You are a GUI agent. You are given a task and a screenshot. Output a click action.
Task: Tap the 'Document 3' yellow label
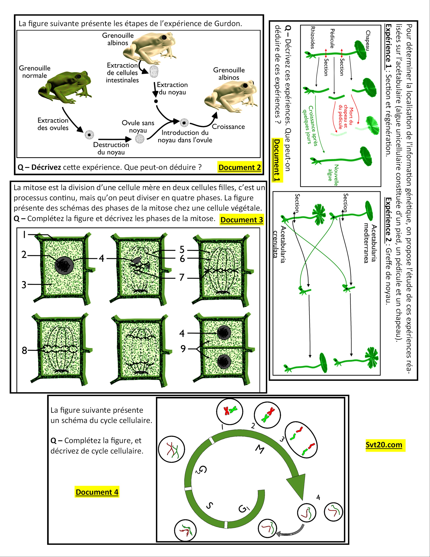coord(241,220)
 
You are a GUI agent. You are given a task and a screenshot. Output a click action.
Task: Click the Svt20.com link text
coord(384,445)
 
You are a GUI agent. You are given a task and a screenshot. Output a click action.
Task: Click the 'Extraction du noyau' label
coord(172,88)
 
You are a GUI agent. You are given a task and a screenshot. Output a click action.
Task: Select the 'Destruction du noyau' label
coord(111,148)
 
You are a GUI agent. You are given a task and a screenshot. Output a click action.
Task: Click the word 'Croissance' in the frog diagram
coord(228,127)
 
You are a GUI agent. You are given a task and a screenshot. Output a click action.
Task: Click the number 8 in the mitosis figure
coord(24,350)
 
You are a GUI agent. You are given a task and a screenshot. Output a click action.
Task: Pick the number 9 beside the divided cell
coord(183,349)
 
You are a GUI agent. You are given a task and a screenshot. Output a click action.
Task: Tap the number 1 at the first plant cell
coord(24,235)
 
